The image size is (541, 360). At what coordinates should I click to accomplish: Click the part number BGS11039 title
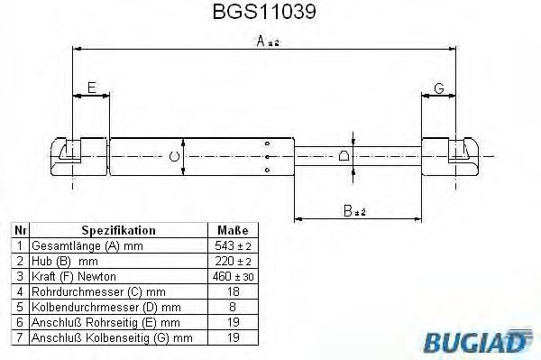coord(270,14)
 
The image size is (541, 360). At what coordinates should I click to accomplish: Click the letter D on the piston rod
coord(344,157)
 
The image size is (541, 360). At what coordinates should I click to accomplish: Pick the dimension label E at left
coord(90,88)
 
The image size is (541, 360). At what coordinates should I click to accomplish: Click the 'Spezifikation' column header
coord(119,231)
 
